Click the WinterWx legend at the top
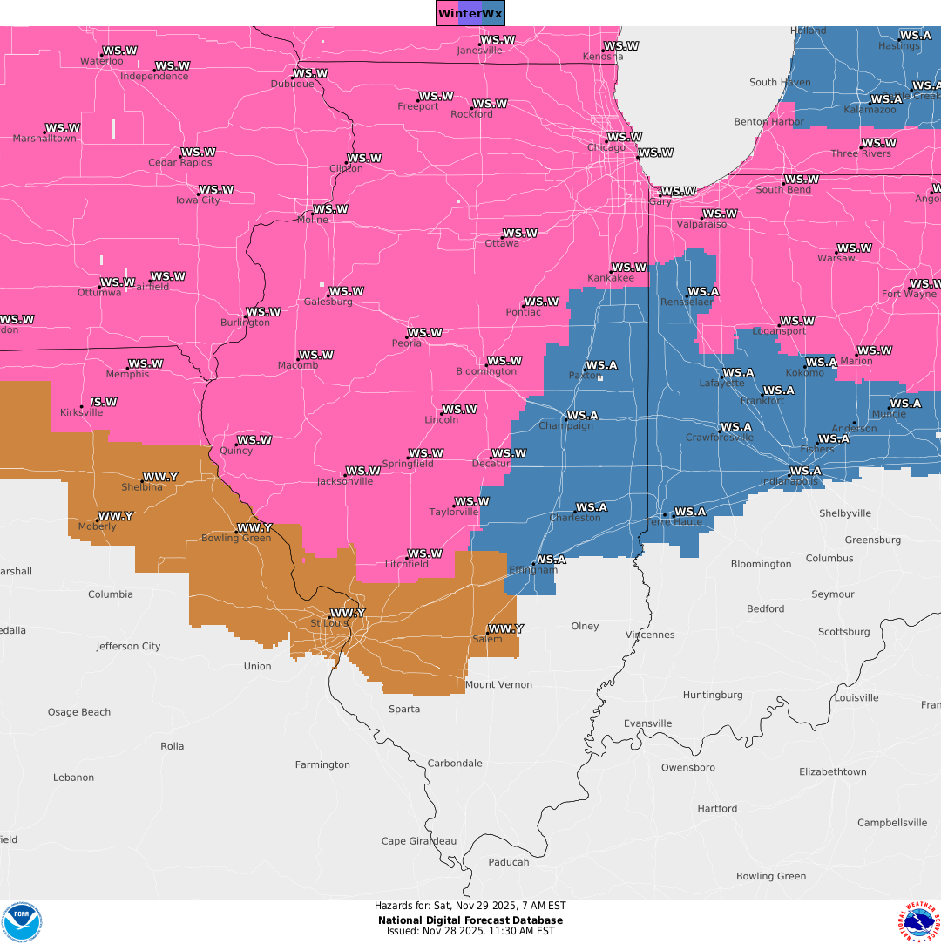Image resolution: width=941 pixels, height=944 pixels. [470, 13]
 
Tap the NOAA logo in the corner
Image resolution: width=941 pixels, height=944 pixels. [21, 921]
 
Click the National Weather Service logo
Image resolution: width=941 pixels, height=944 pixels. [919, 922]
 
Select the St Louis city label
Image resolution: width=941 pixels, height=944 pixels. [328, 624]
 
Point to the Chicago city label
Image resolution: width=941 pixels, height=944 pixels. [606, 148]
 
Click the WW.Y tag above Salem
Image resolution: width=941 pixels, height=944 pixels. [505, 628]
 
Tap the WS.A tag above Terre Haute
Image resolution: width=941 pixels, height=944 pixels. [689, 512]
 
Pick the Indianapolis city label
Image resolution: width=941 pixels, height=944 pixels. [789, 482]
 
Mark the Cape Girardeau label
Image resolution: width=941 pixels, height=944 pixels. [419, 841]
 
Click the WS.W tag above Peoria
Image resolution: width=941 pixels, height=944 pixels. [425, 333]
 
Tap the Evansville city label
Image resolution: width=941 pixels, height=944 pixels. [647, 723]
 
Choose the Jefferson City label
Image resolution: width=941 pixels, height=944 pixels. [128, 647]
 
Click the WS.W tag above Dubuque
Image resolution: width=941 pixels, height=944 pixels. [310, 73]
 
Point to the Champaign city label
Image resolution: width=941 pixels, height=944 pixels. [565, 426]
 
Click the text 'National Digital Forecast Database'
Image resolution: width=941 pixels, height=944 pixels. [470, 920]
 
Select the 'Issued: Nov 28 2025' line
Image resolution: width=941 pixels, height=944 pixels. [470, 931]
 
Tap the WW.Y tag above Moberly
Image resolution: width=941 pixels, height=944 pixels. [115, 516]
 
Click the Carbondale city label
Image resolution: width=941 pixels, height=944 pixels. [454, 764]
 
